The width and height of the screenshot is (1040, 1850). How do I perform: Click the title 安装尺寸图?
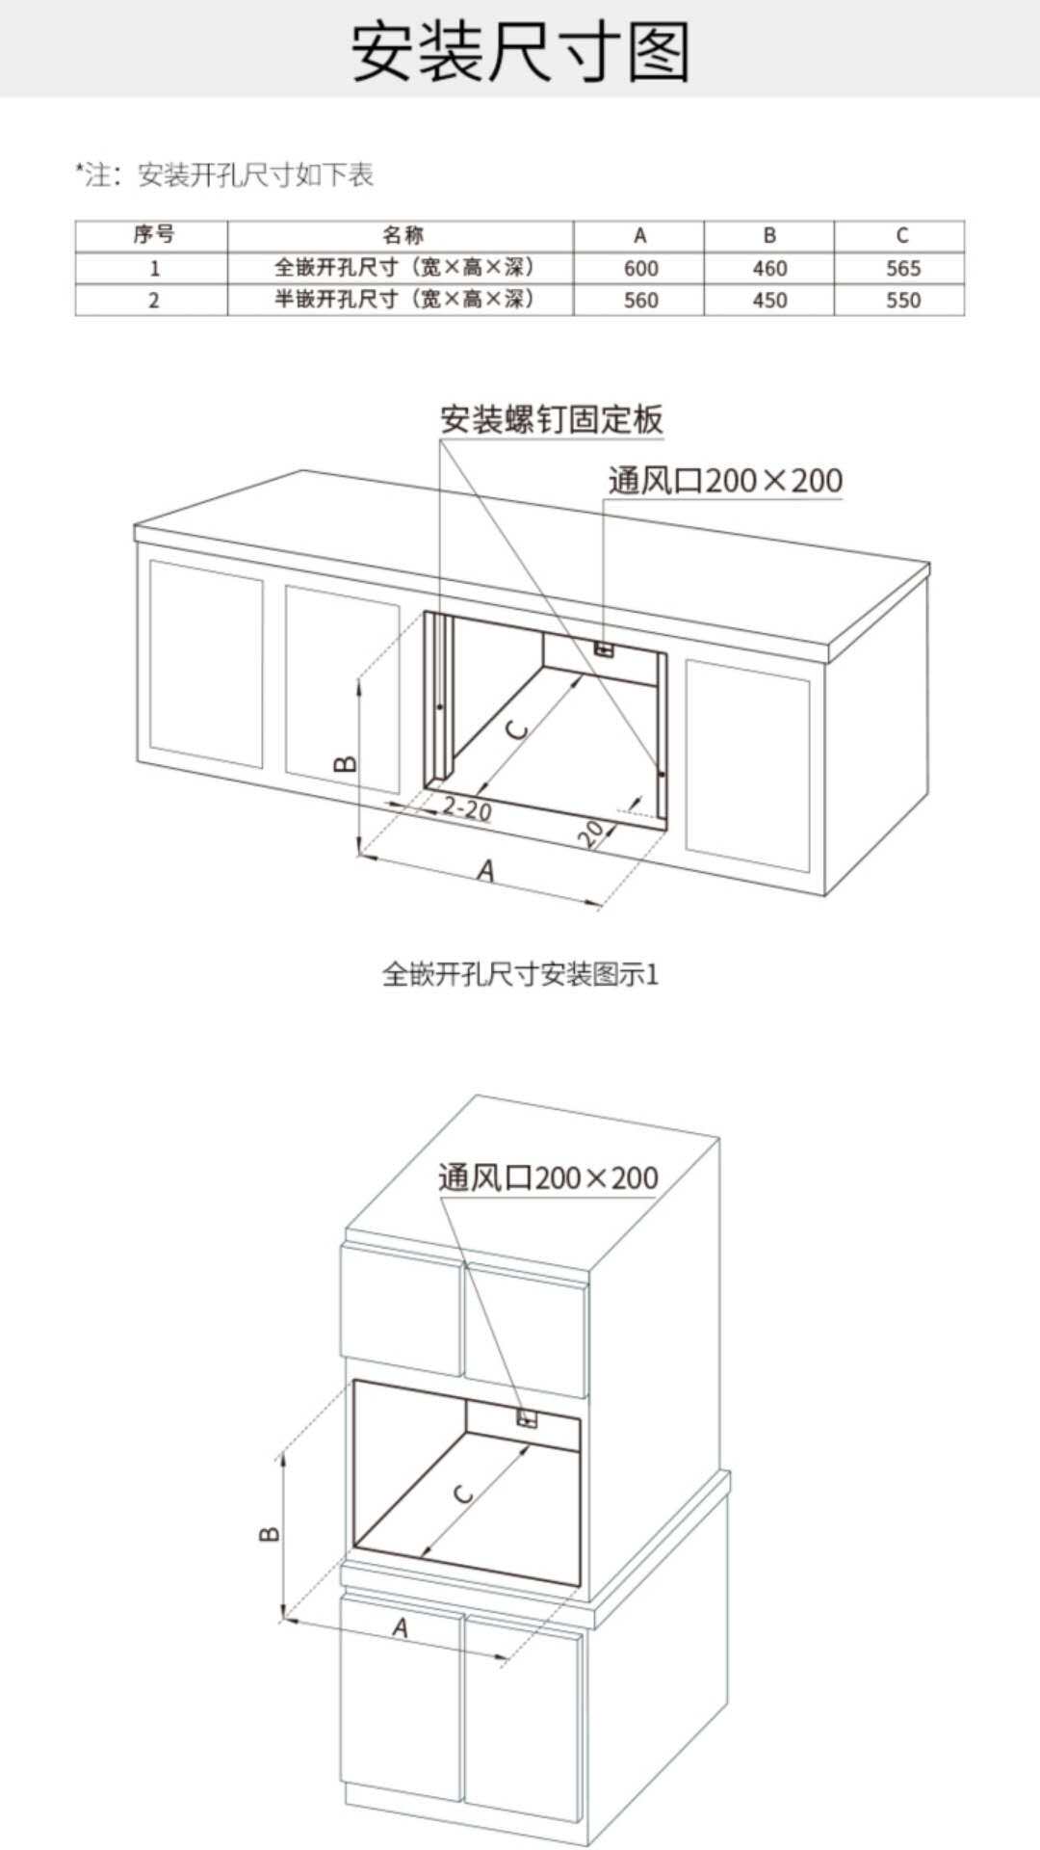coord(520,50)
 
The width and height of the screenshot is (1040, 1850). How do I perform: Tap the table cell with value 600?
coord(640,269)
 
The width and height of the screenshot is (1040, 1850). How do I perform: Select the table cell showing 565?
coord(903,269)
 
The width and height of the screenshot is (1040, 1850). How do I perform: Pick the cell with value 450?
coord(769,301)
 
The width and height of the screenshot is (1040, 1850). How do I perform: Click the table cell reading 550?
coord(903,301)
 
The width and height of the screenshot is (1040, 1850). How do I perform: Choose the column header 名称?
coord(403,235)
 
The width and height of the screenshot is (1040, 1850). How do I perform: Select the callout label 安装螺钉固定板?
coord(552,420)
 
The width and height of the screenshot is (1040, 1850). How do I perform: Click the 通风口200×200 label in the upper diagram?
coord(725,480)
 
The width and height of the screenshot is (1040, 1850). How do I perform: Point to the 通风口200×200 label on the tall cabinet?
coord(549,1177)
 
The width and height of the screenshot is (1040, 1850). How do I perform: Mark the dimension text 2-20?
coord(467,809)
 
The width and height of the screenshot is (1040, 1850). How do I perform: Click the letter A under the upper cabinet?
coord(487,871)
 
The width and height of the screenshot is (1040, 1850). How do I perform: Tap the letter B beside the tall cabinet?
coord(271,1533)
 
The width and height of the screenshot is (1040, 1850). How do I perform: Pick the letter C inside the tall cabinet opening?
coord(463,1494)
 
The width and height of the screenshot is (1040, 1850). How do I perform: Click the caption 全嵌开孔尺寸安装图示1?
coord(520,975)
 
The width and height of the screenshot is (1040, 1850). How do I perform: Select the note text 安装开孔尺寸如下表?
coord(256,175)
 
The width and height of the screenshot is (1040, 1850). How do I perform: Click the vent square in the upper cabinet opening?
coord(605,649)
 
